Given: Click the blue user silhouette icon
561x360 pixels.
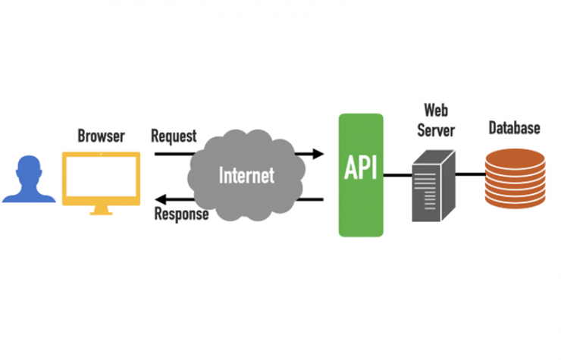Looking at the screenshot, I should point(29,182).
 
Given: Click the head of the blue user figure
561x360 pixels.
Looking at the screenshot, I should point(29,167).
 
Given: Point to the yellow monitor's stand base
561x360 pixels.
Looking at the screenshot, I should point(101,211).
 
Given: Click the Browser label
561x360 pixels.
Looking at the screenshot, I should point(101,136).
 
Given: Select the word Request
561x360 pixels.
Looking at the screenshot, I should point(174,136).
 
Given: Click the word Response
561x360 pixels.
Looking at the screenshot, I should point(181,214).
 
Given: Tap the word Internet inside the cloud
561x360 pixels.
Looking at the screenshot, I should point(246,175).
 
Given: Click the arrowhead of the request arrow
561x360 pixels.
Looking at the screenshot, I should point(318,154).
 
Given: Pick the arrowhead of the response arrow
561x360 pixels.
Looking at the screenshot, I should point(160,199).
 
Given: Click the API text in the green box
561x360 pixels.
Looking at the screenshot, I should point(361,169).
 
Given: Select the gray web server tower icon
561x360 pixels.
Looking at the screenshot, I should point(434,186).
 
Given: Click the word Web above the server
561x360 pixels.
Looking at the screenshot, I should point(434,111).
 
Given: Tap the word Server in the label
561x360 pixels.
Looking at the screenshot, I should point(435,130).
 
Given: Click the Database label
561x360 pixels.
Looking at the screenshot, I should point(514,127).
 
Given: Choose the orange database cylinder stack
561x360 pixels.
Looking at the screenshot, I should point(515,178).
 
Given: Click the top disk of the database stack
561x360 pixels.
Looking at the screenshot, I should point(515,155).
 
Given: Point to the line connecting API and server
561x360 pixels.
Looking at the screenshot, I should point(397,175).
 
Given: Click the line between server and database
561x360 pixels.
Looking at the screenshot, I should point(471,175).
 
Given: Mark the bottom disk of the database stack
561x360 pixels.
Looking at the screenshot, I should point(515,202).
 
